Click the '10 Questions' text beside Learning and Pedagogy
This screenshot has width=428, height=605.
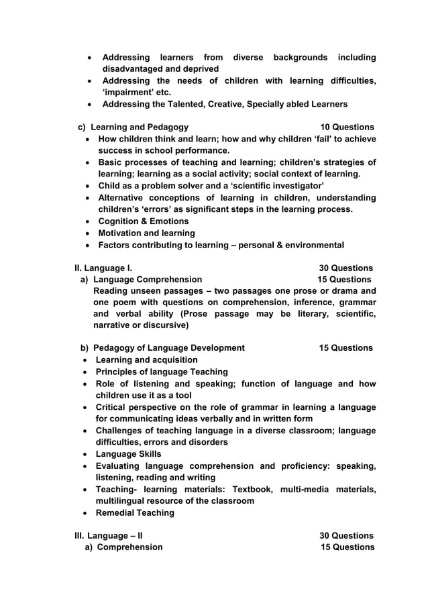click(347, 127)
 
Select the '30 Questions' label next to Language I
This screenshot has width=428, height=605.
click(346, 268)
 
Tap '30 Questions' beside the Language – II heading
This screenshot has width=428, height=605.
click(346, 536)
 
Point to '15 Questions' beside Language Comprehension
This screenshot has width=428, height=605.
click(344, 279)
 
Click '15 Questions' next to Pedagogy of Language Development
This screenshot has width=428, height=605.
click(345, 348)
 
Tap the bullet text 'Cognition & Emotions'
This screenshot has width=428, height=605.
click(144, 221)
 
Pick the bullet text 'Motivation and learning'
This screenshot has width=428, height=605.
click(147, 233)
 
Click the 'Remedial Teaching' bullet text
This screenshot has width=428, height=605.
click(135, 513)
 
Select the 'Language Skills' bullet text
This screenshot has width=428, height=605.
click(129, 454)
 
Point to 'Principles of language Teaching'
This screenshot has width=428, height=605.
click(162, 372)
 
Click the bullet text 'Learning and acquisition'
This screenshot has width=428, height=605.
click(147, 360)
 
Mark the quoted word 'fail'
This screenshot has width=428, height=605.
click(292, 140)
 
